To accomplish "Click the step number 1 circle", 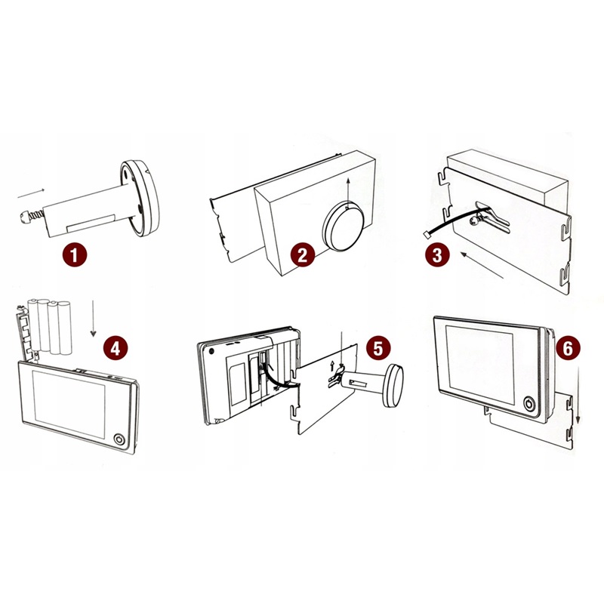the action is click(x=75, y=254).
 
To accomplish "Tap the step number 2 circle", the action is click(x=303, y=255).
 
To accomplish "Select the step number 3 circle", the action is click(x=437, y=255).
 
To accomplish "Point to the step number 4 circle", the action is click(x=116, y=349).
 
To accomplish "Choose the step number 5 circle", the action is click(x=378, y=348).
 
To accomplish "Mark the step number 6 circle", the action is click(x=568, y=349).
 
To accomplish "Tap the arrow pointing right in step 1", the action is click(x=31, y=193).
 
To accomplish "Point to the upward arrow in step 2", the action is click(x=347, y=193).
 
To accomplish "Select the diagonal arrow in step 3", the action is click(x=482, y=265).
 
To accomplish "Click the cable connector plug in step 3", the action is click(x=427, y=233).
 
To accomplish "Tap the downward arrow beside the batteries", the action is click(x=93, y=319).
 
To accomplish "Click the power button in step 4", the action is click(x=119, y=439).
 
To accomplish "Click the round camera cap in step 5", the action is click(x=393, y=385).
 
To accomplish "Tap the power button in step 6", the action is click(x=529, y=404).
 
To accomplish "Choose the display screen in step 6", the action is click(x=479, y=365).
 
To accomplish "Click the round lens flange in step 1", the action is click(x=140, y=199).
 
